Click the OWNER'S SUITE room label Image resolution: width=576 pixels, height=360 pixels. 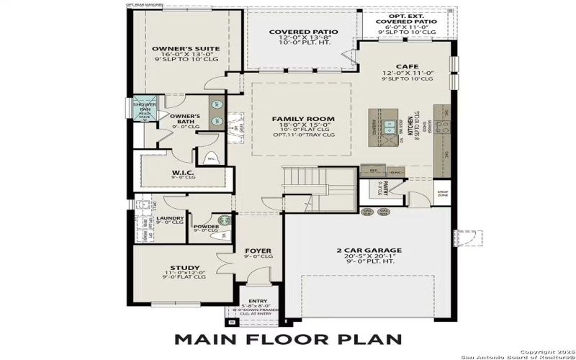(186, 49)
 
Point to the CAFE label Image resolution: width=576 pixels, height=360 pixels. (407, 66)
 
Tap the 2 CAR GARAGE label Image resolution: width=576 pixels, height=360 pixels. (369, 251)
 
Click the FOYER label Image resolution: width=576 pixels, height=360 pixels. (258, 251)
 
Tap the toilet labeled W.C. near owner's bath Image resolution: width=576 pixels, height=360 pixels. (212, 158)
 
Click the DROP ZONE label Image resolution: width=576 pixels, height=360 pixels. (444, 194)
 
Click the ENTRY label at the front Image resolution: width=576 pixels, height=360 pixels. (257, 302)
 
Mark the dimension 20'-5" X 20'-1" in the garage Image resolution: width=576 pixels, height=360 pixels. (369, 258)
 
